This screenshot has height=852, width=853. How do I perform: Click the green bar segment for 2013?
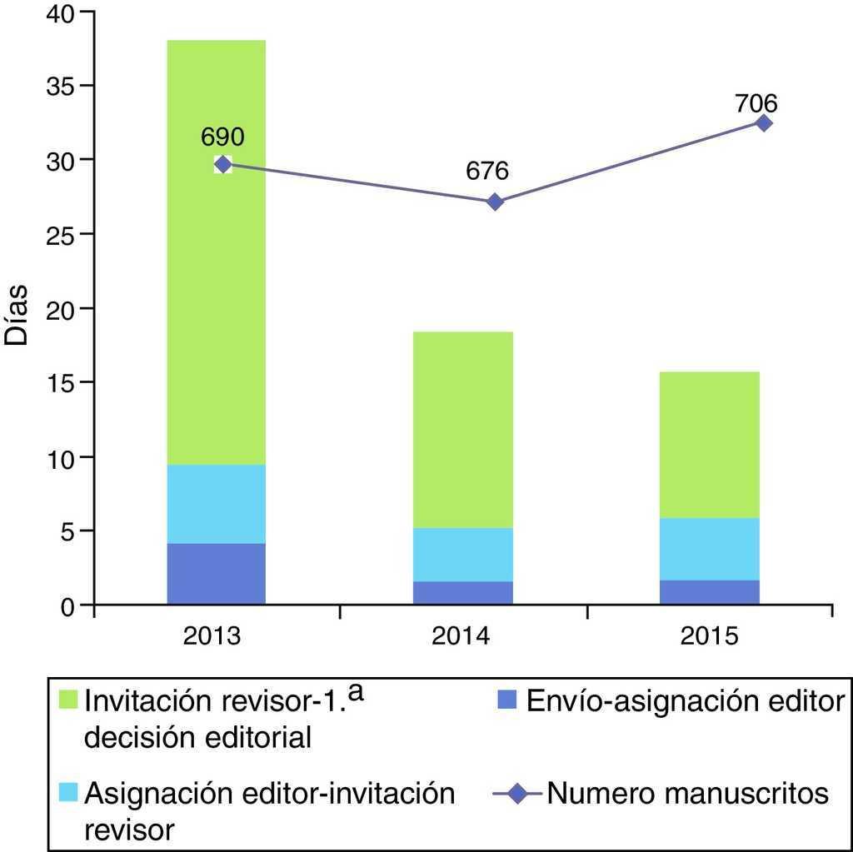click(x=216, y=250)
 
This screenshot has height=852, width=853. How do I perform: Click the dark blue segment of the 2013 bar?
click(x=216, y=574)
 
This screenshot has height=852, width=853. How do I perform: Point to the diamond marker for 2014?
click(x=495, y=202)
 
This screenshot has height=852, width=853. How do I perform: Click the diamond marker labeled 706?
click(x=763, y=122)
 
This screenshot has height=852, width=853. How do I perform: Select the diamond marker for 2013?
click(x=222, y=164)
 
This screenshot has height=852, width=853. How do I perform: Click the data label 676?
click(x=487, y=172)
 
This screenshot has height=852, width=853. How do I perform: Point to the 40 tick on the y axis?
click(x=57, y=13)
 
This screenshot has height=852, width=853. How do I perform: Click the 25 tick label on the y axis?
click(x=57, y=235)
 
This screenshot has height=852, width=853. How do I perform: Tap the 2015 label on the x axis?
click(x=709, y=638)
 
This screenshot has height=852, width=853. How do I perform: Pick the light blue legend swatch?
click(x=69, y=794)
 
